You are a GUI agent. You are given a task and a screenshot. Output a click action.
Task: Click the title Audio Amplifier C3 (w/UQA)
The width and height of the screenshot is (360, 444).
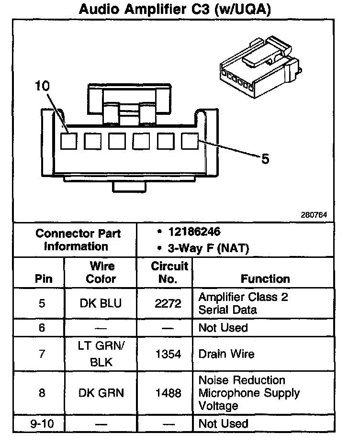[x=175, y=10]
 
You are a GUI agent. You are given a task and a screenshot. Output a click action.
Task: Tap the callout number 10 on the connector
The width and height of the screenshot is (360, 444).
[x=42, y=86]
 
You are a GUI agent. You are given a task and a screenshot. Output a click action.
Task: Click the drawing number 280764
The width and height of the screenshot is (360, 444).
[x=314, y=215]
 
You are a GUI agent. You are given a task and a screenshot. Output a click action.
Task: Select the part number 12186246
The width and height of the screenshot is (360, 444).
[x=194, y=232]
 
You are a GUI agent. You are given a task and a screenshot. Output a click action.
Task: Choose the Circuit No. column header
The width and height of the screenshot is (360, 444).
[x=169, y=273]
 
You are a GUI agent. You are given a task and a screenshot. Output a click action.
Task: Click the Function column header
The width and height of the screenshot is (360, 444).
[x=265, y=278]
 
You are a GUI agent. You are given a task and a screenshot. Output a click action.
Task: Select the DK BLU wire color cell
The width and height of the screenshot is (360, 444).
[x=101, y=303]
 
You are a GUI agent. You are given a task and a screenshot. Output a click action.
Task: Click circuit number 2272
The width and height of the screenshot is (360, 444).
[x=169, y=303]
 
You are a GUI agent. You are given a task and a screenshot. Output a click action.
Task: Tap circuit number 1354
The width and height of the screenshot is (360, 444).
[x=169, y=355]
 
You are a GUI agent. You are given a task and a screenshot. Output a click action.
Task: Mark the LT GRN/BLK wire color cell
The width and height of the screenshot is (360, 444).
[x=101, y=354]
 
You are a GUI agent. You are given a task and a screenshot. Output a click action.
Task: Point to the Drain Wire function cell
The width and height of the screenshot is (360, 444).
[x=226, y=355]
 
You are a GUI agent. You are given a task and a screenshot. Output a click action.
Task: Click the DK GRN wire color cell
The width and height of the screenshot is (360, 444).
[x=101, y=393]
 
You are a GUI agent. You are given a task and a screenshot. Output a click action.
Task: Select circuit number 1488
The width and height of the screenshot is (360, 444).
[x=169, y=393]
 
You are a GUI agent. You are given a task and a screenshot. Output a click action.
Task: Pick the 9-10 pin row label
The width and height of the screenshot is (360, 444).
[x=42, y=424]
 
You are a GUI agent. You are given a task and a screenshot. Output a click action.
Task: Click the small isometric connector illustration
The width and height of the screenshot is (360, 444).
[x=259, y=67]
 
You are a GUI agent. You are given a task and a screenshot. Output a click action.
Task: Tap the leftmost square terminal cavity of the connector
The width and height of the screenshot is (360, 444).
[x=68, y=141]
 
